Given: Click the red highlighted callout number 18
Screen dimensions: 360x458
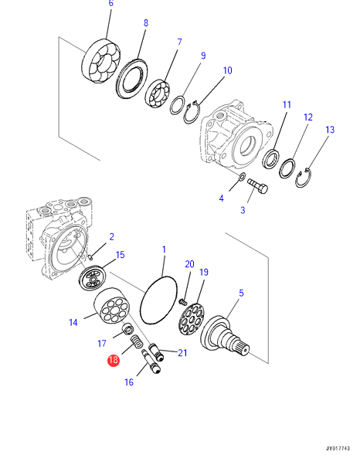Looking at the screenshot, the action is [114, 360].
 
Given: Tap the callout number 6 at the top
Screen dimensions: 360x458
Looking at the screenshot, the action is [110, 3].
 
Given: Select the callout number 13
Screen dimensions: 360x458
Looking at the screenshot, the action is [330, 130].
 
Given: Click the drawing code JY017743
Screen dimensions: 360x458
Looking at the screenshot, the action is [338, 449].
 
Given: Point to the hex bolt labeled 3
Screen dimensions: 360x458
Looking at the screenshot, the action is [258, 186].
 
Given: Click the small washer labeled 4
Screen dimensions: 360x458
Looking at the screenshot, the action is [242, 176].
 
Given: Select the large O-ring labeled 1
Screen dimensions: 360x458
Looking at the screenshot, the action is [158, 300].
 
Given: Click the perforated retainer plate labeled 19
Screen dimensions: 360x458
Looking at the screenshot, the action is [192, 319].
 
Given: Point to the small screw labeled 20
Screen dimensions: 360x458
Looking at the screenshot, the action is [182, 302].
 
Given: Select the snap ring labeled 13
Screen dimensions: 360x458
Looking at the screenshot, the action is [303, 178].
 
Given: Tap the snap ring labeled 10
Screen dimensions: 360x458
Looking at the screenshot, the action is [192, 113].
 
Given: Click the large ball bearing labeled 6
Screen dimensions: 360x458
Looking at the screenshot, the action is [101, 62].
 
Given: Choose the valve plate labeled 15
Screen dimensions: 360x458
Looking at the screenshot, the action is [92, 278].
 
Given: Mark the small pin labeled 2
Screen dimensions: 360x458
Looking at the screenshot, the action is [90, 257].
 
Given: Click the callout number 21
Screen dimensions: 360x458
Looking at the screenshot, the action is [182, 353].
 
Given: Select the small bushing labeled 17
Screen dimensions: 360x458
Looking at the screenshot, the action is [127, 329].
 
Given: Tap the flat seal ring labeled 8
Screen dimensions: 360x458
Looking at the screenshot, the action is [132, 79].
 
